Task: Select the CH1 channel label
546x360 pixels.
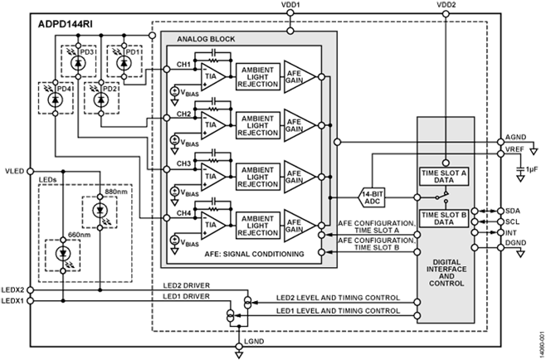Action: (x=184, y=65)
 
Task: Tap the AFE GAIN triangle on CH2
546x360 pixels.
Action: (x=296, y=122)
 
